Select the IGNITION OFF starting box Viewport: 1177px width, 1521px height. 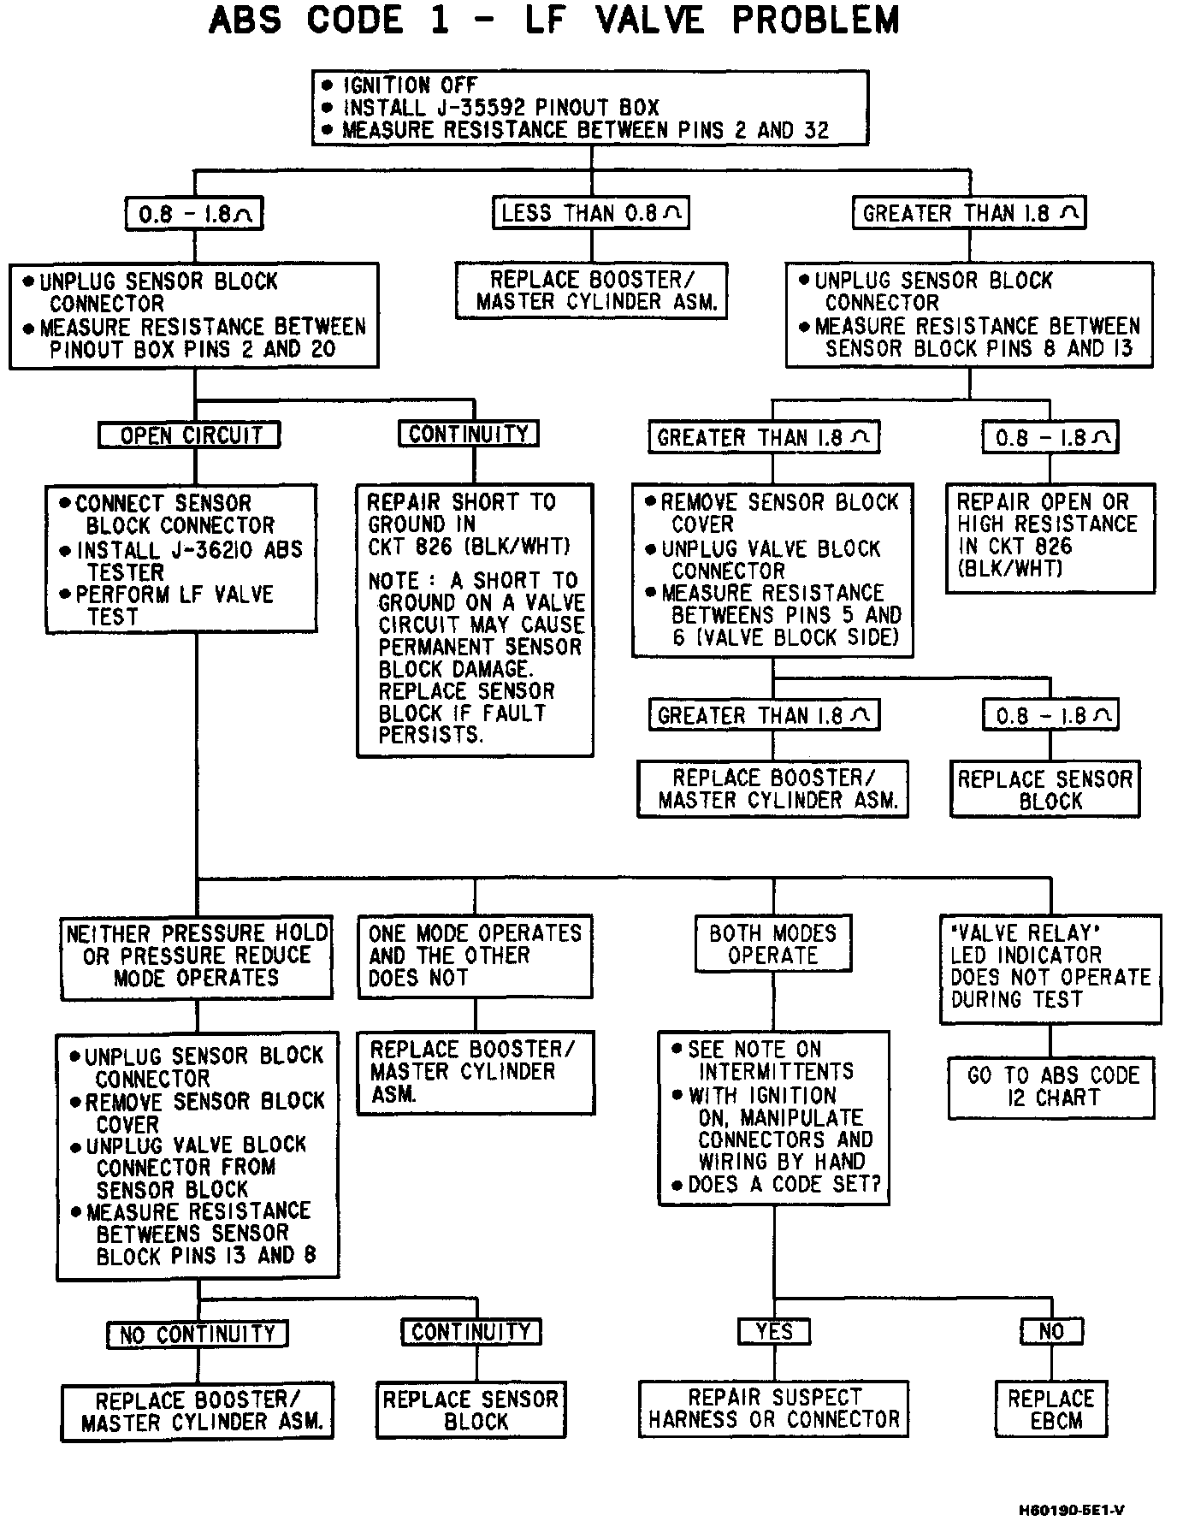pyautogui.click(x=590, y=108)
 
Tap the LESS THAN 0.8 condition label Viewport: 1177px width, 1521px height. pyautogui.click(x=590, y=213)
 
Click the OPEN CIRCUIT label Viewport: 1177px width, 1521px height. pyautogui.click(x=190, y=435)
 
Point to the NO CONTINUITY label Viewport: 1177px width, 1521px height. pyautogui.click(x=198, y=1334)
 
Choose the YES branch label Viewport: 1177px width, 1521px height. pyautogui.click(x=774, y=1331)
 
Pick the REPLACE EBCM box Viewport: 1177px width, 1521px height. pyautogui.click(x=1051, y=1409)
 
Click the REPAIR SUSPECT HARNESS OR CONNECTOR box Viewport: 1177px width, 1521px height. pyautogui.click(x=774, y=1408)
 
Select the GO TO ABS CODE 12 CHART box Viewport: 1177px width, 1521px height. pyautogui.click(x=1052, y=1086)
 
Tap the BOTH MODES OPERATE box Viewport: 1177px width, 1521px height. pyautogui.click(x=773, y=944)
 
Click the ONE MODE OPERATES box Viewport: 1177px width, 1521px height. pyautogui.click(x=475, y=956)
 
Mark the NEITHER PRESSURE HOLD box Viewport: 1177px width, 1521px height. pyautogui.click(x=197, y=956)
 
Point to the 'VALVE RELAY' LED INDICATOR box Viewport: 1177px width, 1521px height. pyautogui.click(x=1050, y=967)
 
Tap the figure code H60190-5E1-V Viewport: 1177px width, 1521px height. pyautogui.click(x=1071, y=1509)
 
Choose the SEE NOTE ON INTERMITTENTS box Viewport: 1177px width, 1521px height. pyautogui.click(x=774, y=1116)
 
